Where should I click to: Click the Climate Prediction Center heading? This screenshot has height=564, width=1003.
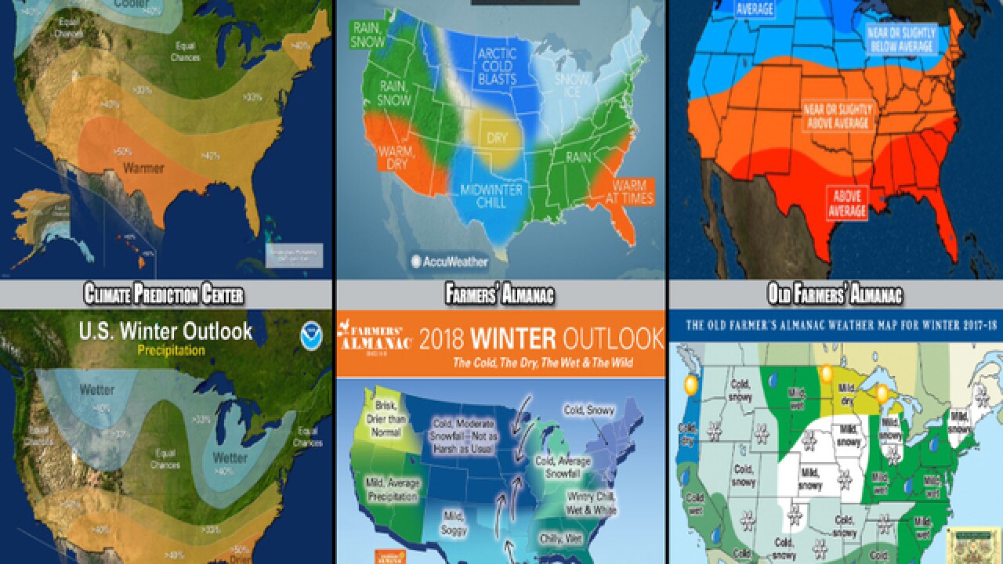click(163, 295)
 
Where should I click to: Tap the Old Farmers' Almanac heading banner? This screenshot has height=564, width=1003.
click(835, 295)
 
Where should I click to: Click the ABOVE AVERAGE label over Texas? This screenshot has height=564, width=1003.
click(847, 203)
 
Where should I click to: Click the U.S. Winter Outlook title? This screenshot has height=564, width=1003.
click(165, 331)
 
